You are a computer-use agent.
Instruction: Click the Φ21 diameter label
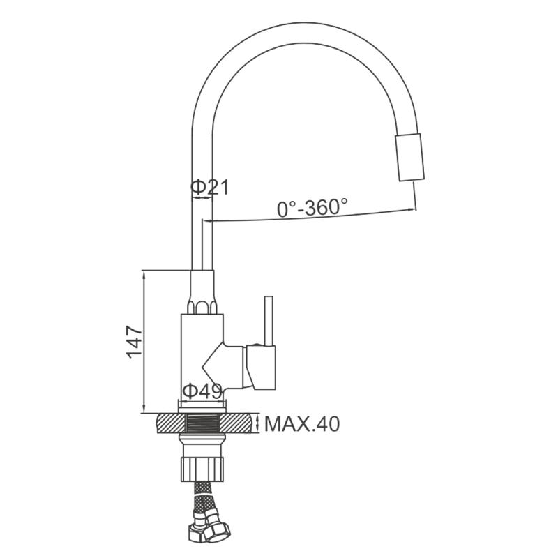pos(210,187)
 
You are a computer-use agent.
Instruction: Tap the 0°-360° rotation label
pos(312,207)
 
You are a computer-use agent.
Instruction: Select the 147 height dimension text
pos(135,341)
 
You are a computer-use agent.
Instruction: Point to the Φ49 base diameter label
pos(202,391)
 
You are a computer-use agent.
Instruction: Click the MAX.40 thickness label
pos(302,424)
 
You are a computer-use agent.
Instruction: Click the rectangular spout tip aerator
pos(410,157)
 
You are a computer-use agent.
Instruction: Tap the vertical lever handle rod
pos(269,321)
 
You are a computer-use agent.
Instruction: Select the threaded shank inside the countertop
pos(202,423)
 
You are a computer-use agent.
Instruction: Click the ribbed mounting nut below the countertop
pos(202,469)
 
